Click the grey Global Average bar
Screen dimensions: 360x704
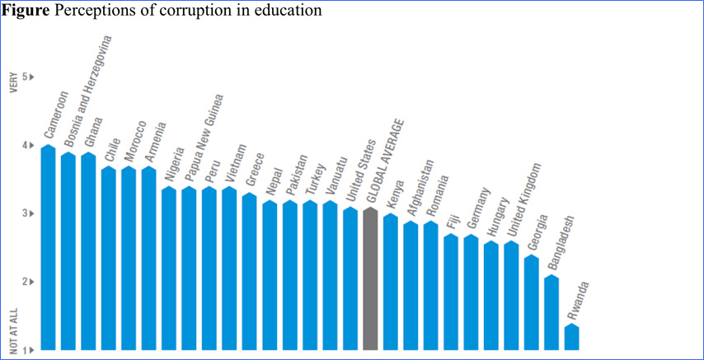(371, 280)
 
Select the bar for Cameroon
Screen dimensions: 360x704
(49, 247)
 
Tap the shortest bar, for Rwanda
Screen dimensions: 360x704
(572, 338)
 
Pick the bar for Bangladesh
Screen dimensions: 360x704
(552, 313)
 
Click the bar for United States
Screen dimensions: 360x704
(350, 280)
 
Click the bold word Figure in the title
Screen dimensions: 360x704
(23, 12)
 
